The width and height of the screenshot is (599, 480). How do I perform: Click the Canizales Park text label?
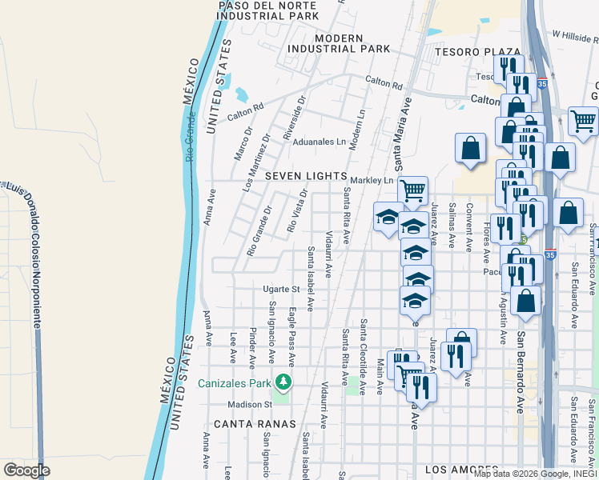click(x=235, y=382)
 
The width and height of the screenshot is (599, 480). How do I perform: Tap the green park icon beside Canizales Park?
click(x=282, y=380)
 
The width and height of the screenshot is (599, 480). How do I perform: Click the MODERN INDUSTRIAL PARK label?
click(x=340, y=43)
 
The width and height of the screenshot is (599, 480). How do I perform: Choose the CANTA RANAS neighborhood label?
click(x=255, y=423)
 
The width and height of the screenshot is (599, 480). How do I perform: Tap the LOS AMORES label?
click(x=460, y=469)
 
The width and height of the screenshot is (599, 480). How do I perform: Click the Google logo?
click(x=26, y=470)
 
